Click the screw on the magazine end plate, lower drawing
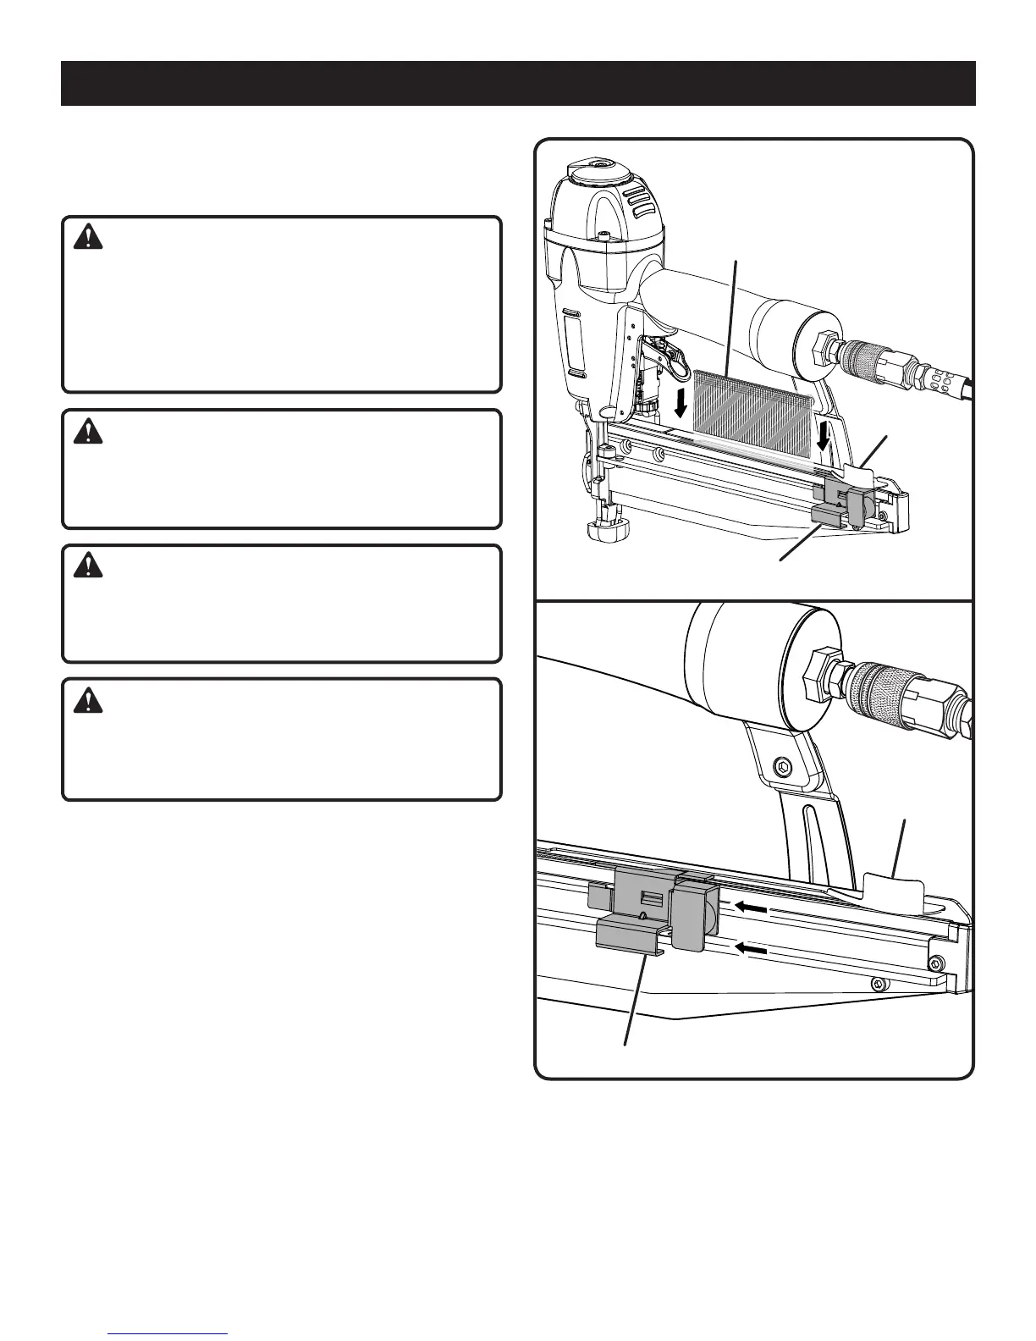pyautogui.click(x=935, y=963)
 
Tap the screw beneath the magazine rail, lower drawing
pyautogui.click(x=879, y=982)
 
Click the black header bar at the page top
pyautogui.click(x=518, y=83)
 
